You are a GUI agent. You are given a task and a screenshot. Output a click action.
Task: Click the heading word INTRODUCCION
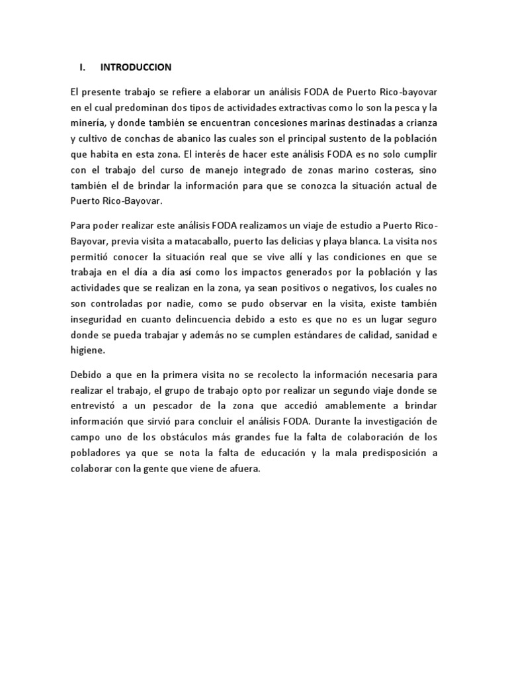[x=136, y=68]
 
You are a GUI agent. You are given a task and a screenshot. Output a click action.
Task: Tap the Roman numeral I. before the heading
[x=83, y=68]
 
